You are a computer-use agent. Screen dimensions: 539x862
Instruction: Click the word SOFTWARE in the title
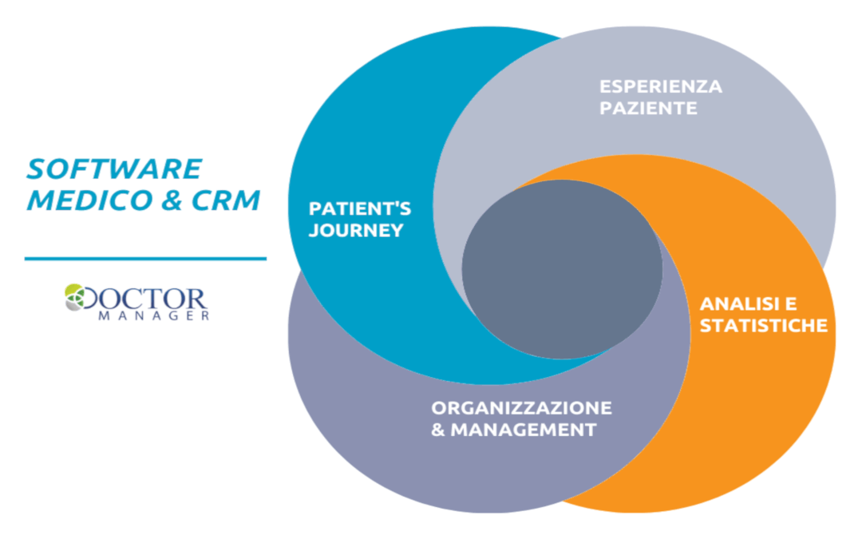pos(114,169)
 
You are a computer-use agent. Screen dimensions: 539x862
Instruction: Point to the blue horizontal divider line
pos(145,259)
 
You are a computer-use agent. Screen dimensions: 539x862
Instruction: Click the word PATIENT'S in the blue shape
pos(360,209)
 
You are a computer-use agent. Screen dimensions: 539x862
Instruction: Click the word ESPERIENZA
pos(661,86)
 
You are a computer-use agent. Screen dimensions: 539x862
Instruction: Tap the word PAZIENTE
pos(648,107)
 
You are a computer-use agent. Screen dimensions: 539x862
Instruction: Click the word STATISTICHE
pos(763,326)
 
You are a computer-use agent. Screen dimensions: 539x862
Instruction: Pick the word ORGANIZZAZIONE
pos(522,408)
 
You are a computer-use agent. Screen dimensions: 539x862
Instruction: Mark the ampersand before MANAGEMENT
pos(438,430)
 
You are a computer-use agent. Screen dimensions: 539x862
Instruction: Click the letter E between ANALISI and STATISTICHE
pos(791,304)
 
